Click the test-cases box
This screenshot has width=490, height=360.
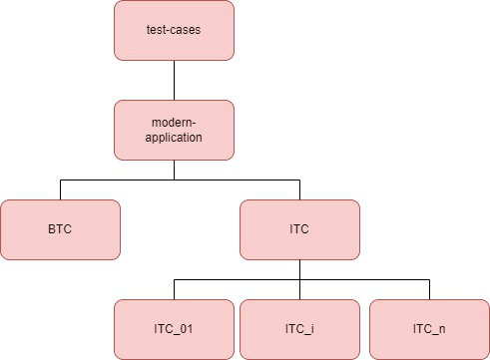175,30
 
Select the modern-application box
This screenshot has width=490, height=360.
175,130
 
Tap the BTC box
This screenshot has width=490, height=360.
60,229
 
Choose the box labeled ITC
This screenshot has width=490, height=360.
299,229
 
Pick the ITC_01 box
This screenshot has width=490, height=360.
175,329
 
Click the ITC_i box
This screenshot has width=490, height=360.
299,329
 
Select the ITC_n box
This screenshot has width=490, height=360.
429,329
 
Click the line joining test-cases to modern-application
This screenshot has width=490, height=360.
175,80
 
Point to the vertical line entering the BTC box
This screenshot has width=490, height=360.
60,189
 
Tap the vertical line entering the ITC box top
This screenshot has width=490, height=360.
299,189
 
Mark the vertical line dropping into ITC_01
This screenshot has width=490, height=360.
175,289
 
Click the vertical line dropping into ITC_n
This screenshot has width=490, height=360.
429,289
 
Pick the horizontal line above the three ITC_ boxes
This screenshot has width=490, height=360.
359,279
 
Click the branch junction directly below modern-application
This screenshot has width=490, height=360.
175,180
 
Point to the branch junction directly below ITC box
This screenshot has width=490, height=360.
299,279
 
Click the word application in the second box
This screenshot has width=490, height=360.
175,138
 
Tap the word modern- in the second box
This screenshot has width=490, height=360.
175,122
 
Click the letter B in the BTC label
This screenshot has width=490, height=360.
50,229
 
